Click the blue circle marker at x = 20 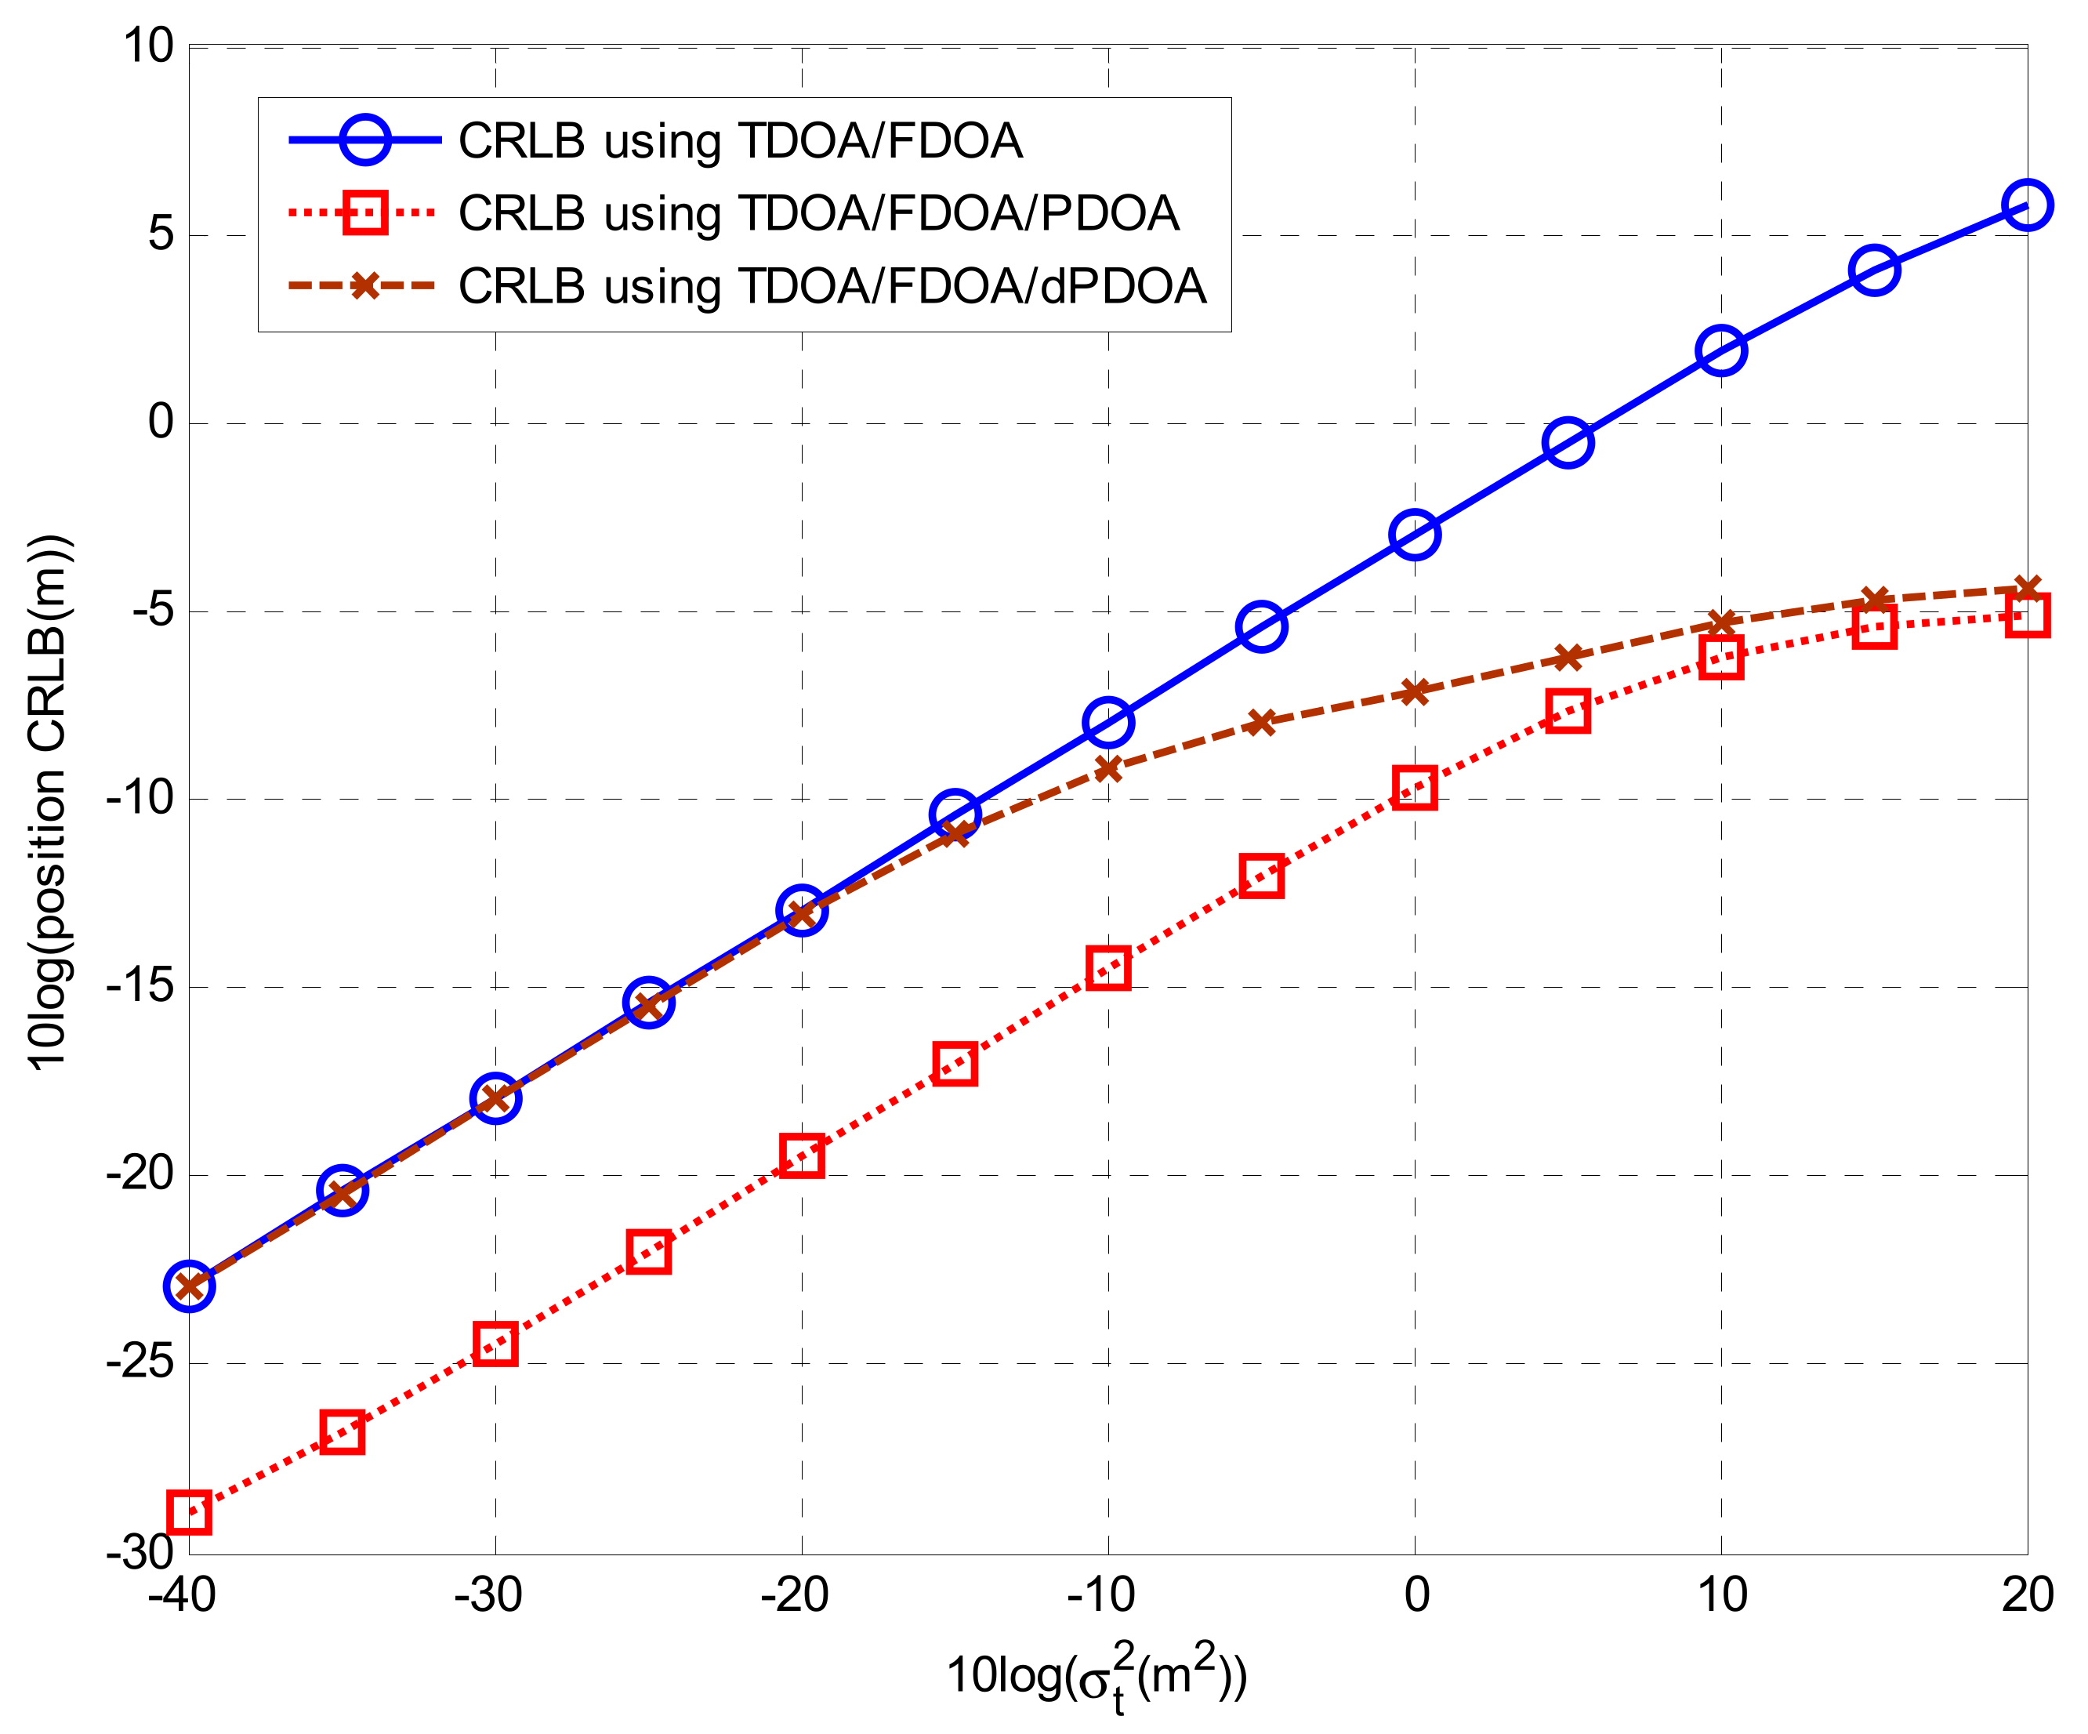click(2026, 205)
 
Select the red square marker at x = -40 click(189, 1512)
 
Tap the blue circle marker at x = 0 click(1414, 535)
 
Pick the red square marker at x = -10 click(1107, 967)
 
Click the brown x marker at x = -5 click(1261, 722)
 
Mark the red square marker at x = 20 click(2026, 615)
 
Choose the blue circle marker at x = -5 click(1261, 626)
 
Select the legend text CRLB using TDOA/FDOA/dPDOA click(832, 286)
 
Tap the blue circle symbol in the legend click(365, 140)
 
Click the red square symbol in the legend click(365, 212)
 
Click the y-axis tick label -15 click(140, 986)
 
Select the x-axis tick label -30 click(488, 1597)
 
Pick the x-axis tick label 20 click(2026, 1597)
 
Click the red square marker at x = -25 click(648, 1253)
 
